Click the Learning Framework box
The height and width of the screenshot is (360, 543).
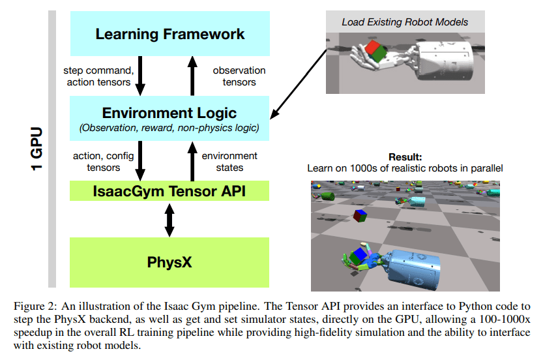tap(169, 34)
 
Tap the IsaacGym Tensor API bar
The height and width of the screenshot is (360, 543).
tap(169, 191)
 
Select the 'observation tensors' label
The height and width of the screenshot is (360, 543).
tap(239, 76)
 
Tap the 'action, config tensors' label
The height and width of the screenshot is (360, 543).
tap(98, 162)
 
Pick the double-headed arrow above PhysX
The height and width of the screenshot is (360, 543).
tap(169, 219)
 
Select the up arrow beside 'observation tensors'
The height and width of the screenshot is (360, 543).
tap(192, 75)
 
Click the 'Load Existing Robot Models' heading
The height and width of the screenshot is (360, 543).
tap(405, 22)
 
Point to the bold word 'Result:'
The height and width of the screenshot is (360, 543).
tap(405, 157)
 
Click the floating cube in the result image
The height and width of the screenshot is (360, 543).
tap(359, 215)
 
